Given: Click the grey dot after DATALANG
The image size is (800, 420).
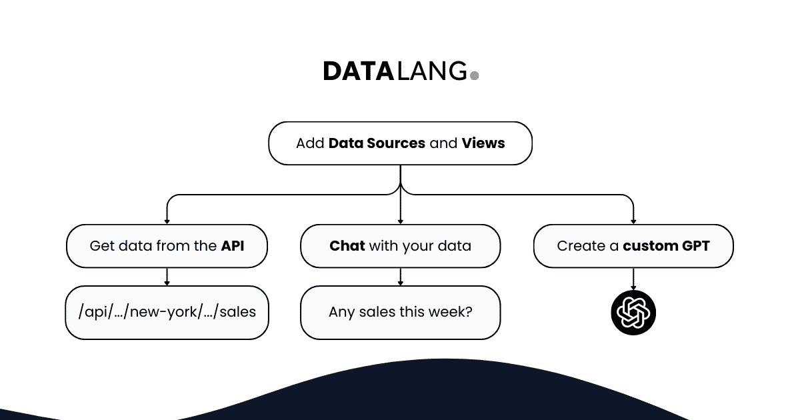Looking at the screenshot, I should click(x=475, y=76).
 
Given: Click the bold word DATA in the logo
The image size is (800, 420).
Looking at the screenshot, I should click(x=359, y=71).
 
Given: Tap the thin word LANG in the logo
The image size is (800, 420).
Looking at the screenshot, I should click(x=432, y=71).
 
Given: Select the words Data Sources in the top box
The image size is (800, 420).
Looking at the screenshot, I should click(x=377, y=143).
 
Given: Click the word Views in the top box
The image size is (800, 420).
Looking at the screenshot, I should click(x=483, y=143).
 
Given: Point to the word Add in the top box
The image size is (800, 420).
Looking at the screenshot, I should click(x=310, y=143).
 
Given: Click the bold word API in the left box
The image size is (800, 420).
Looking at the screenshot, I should click(x=233, y=246).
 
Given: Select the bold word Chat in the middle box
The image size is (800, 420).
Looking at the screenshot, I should click(x=347, y=246).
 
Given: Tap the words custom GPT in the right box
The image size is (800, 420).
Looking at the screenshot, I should click(x=666, y=246).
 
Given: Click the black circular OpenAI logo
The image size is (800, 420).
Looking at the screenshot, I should click(x=633, y=312).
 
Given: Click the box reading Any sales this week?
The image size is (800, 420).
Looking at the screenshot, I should click(x=400, y=312).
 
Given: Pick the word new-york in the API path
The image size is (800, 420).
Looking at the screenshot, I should click(x=157, y=312).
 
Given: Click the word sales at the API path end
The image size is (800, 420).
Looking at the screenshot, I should click(x=237, y=312).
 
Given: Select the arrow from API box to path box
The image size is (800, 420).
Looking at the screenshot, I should click(x=167, y=277).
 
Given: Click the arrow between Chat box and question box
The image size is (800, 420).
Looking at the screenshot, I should click(x=400, y=277).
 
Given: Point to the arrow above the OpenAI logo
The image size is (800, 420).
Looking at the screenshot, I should click(x=633, y=278).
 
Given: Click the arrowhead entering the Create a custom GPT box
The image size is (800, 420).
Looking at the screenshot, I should click(x=633, y=221).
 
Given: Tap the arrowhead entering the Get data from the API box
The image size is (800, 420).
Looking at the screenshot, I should click(x=167, y=221).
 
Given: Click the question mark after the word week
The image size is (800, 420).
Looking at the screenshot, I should click(x=469, y=312).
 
